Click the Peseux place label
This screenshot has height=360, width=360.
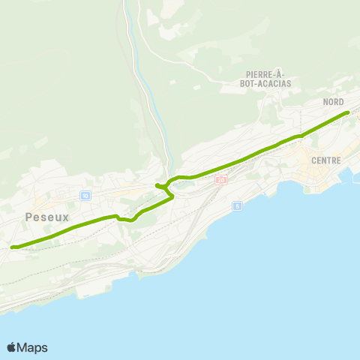(46, 217)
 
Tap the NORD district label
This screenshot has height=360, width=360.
(333, 101)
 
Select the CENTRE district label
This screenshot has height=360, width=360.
(325, 160)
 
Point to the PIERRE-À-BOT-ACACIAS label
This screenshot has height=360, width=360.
(267, 79)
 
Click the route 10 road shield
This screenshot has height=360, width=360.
(85, 195)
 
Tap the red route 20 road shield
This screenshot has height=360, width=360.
(220, 180)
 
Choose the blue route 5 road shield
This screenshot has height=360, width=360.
(237, 205)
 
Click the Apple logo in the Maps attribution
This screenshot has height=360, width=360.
(11, 347)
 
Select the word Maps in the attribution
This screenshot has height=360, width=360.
(32, 347)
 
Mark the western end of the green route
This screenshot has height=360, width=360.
(12, 246)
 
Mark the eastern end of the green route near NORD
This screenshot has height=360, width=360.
(348, 112)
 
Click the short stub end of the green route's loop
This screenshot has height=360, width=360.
(157, 185)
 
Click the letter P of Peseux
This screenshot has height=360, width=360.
(28, 217)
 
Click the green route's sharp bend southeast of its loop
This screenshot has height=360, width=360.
(172, 196)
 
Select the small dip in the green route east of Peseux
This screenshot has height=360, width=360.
(126, 220)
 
